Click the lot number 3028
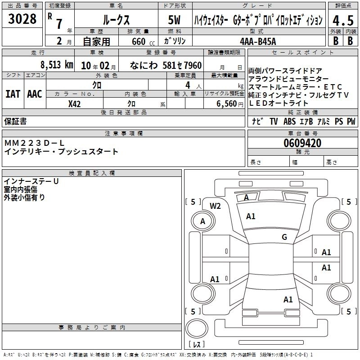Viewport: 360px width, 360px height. click(22, 19)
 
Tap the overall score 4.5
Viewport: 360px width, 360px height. click(343, 20)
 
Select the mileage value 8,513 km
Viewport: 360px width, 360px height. click(57, 65)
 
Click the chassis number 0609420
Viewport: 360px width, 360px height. click(302, 143)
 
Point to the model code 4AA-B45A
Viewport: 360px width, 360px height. click(258, 41)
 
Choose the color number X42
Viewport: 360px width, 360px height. click(74, 104)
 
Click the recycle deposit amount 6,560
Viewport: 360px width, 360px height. click(227, 104)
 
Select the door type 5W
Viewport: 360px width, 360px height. click(174, 20)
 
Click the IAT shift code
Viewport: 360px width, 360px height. click(13, 94)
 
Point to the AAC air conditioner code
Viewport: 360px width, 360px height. click(35, 94)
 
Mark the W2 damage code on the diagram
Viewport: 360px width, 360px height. click(215, 206)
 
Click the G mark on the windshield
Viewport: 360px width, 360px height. click(284, 237)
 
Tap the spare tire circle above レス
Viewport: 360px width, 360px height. click(197, 328)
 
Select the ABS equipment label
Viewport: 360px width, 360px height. click(289, 121)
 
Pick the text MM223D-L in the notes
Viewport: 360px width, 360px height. click(34, 143)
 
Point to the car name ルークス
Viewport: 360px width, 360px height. click(116, 20)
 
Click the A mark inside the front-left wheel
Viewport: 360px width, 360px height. click(202, 221)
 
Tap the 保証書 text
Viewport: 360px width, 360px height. click(15, 121)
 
